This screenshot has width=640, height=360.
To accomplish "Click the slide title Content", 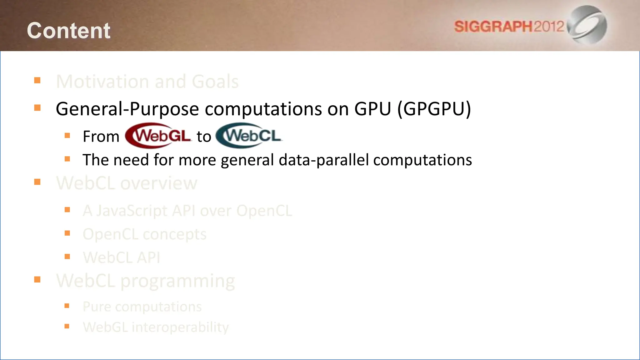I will point(68,31).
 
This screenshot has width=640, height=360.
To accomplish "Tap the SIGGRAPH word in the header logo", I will point(493,27).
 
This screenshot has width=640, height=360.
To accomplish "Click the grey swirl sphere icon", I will point(587,24).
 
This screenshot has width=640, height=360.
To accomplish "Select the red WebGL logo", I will point(158,136).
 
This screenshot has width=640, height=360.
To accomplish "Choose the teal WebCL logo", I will point(249,136).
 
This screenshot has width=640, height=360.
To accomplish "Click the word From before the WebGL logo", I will point(101,137).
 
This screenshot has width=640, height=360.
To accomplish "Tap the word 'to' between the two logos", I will point(204,137).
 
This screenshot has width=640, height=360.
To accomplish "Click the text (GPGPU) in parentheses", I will point(434,109).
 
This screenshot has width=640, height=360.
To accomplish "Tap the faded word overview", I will point(159,183).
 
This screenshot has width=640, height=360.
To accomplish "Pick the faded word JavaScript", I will point(132,211).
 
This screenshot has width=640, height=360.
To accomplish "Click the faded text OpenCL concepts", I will point(144,234).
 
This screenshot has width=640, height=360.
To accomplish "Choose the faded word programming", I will point(177,281).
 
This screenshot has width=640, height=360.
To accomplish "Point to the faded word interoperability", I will point(180,327).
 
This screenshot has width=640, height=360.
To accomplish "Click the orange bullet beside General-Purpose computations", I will point(37,108).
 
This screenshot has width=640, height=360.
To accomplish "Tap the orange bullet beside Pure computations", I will point(67,306).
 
